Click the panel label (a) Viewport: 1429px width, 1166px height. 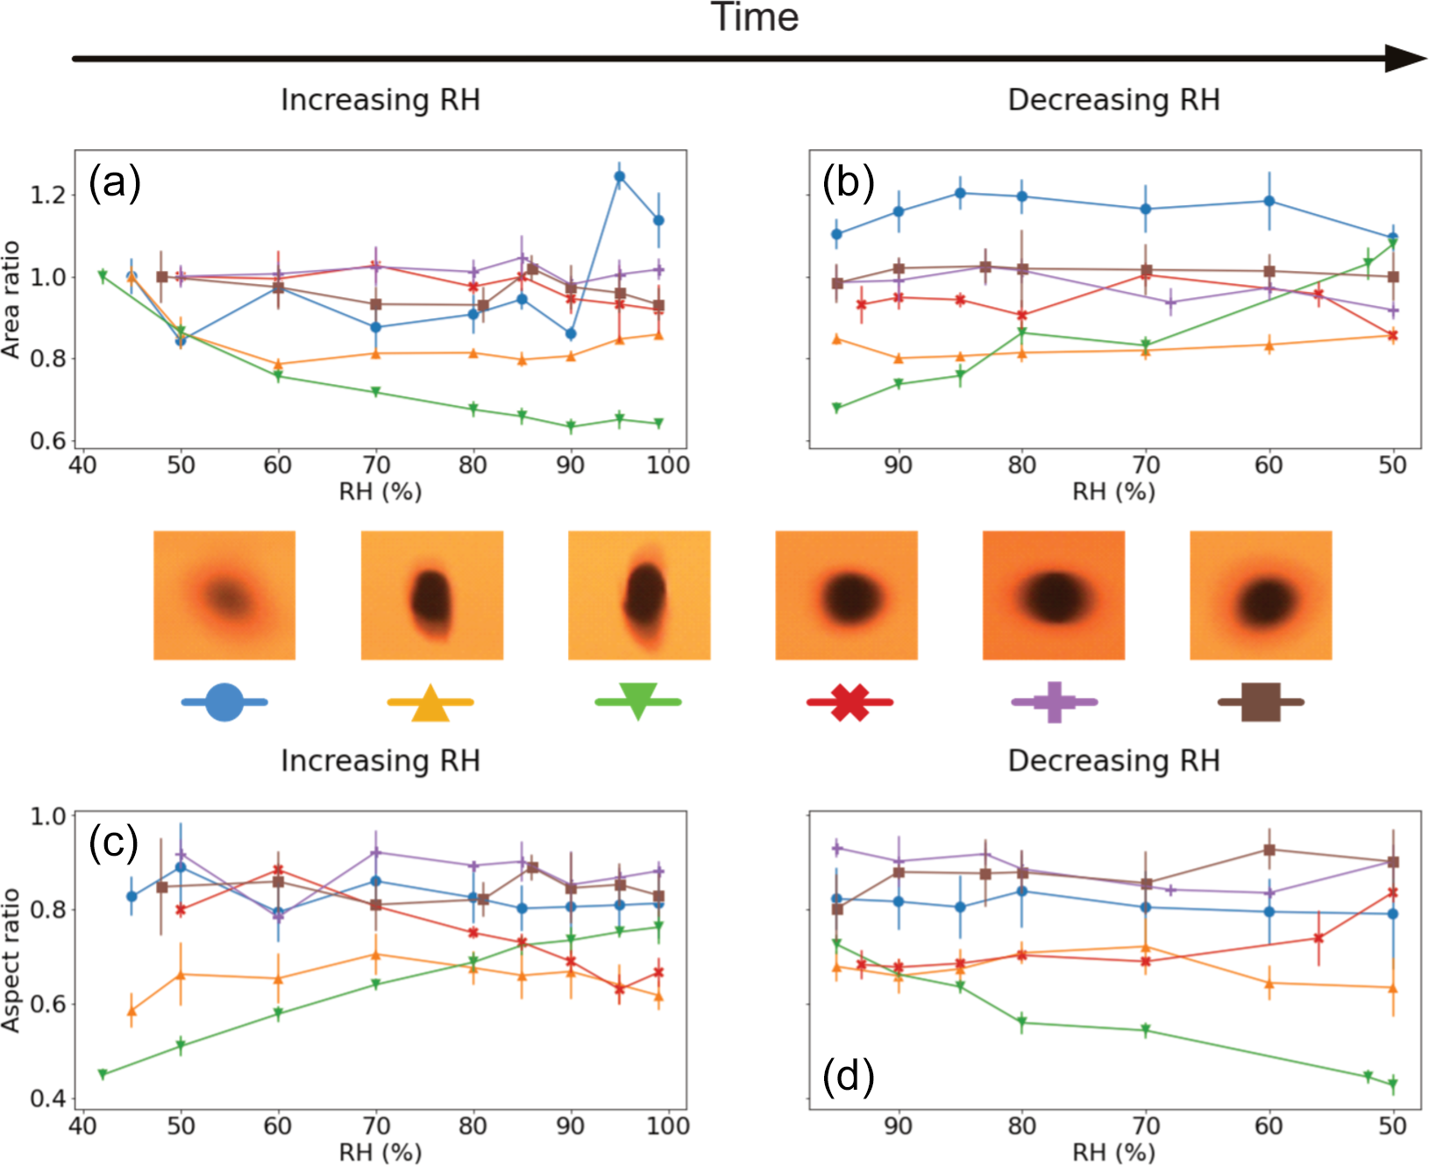point(115,184)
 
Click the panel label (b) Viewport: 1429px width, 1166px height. point(849,184)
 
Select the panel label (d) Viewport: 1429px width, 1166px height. point(849,1076)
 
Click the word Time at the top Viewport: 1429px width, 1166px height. point(754,18)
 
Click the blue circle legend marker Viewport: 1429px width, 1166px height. point(224,701)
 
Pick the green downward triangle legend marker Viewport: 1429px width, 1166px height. point(638,700)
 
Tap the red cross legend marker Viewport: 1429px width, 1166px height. point(850,701)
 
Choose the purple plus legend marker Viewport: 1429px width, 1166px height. point(1055,701)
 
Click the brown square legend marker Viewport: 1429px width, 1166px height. point(1261,701)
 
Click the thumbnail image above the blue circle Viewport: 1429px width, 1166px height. point(224,594)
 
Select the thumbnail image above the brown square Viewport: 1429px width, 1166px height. point(1261,594)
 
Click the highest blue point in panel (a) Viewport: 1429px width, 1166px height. point(619,176)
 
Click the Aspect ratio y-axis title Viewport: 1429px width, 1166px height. point(11,959)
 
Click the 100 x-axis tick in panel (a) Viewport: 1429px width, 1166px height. point(668,465)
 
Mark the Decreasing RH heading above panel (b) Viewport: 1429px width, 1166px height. point(1113,100)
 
